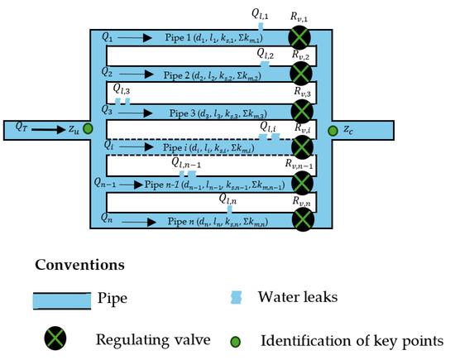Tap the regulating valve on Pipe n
click(303, 219)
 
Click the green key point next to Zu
click(88, 129)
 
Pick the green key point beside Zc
click(332, 130)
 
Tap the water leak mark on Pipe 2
click(265, 64)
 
